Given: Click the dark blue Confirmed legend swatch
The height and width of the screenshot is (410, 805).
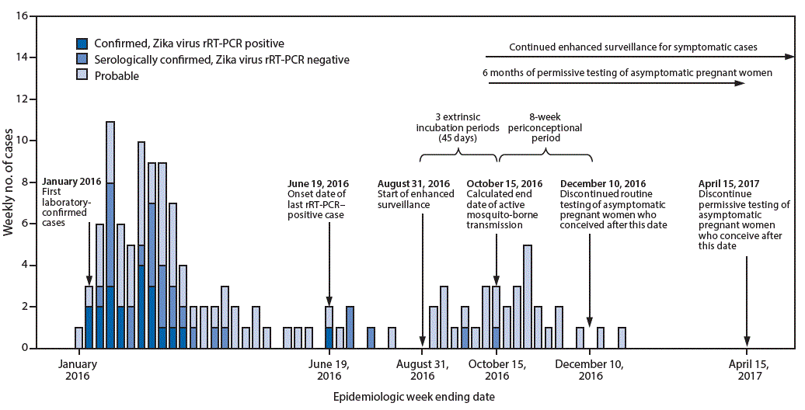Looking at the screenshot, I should [82, 43].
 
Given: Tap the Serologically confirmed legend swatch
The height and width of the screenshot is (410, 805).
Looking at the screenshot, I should [82, 60].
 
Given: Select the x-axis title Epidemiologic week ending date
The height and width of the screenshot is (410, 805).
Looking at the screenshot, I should [414, 396].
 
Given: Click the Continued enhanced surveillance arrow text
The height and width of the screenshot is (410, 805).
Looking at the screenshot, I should [632, 47].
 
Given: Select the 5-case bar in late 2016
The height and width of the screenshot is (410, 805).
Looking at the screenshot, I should [528, 296].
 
